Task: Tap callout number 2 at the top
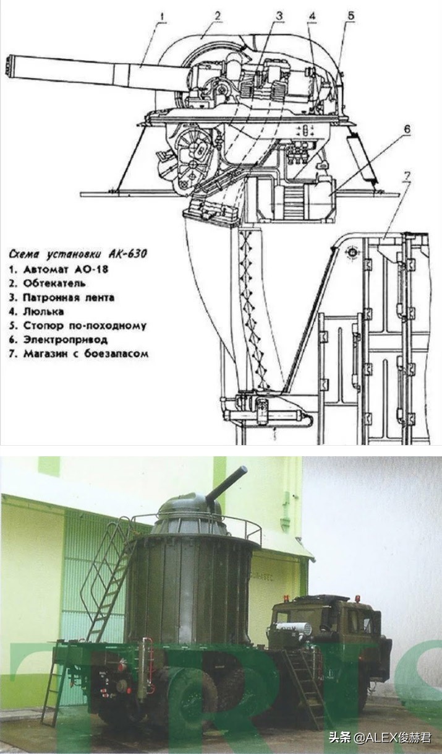(218, 15)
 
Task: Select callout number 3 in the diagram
(279, 15)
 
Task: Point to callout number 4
(313, 15)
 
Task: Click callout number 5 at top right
(351, 15)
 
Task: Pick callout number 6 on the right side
(407, 129)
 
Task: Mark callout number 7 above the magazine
(406, 176)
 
